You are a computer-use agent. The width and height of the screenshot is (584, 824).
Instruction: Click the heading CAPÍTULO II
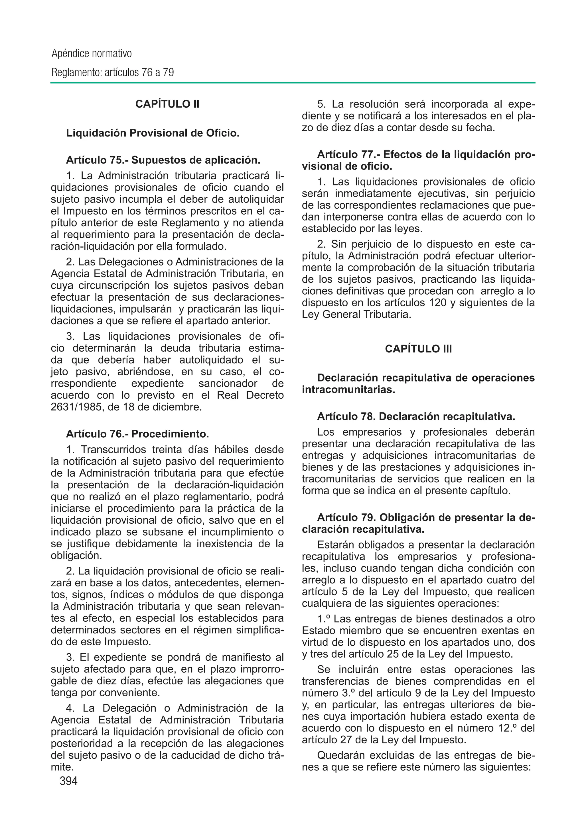(167, 104)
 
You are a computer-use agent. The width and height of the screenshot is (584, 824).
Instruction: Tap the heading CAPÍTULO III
(418, 349)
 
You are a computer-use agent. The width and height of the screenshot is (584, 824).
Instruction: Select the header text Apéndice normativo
(92, 54)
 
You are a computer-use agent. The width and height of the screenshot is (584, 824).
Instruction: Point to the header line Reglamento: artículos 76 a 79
(113, 73)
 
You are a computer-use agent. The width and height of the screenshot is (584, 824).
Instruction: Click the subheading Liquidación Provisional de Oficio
(153, 133)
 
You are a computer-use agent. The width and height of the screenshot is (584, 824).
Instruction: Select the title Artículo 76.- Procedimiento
(137, 434)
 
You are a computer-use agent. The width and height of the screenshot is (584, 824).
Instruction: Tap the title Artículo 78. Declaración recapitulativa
(416, 417)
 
